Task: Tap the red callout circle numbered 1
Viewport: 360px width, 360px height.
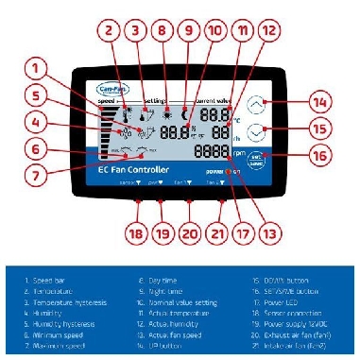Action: point(35,68)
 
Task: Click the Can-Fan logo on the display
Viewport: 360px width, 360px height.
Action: point(112,90)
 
